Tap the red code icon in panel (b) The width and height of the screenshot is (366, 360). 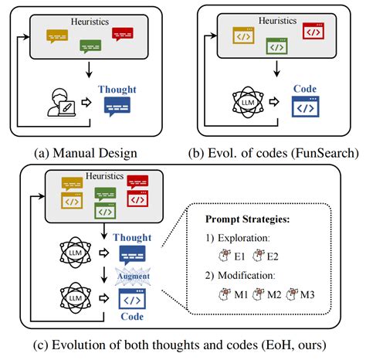click(313, 32)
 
